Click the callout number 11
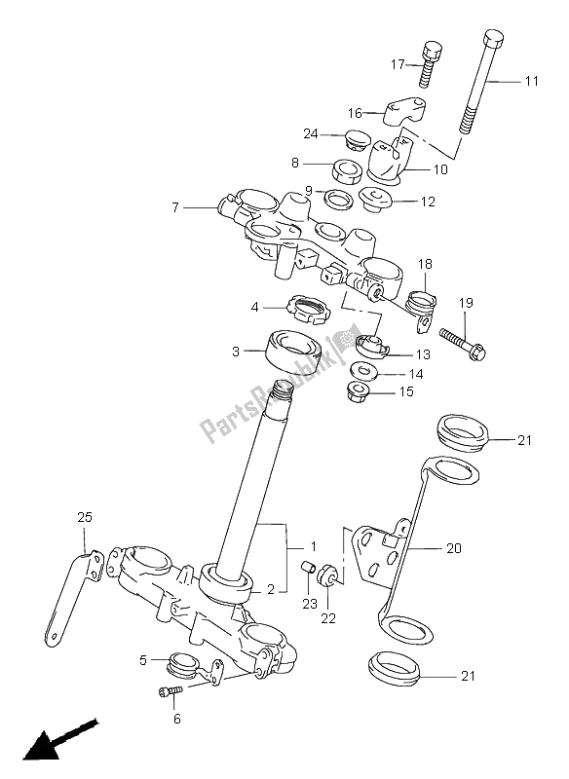coord(530,82)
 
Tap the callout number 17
coord(398,64)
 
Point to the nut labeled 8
coord(349,169)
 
